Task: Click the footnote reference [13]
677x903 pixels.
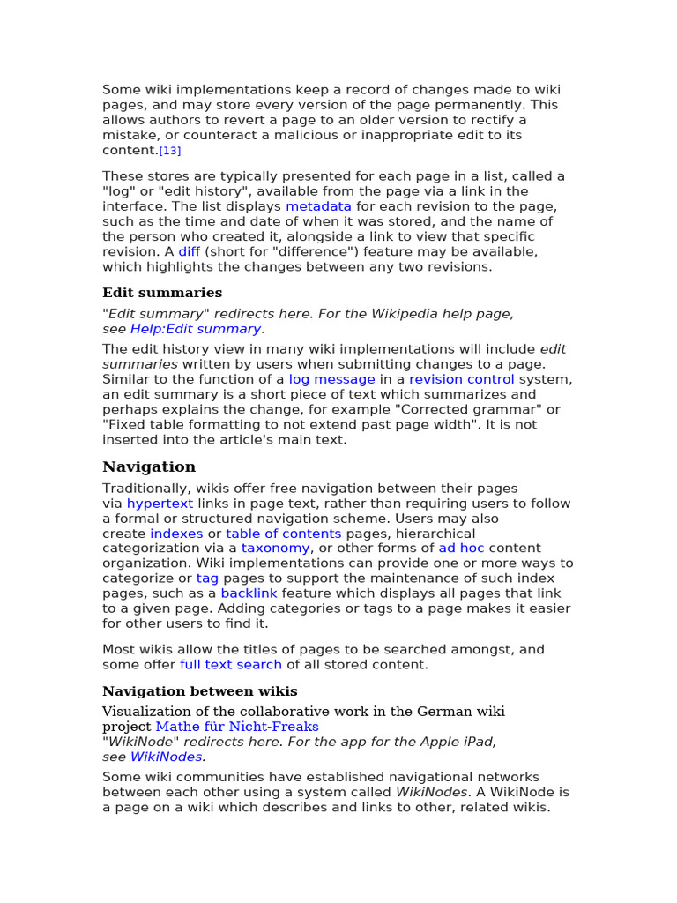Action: click(169, 151)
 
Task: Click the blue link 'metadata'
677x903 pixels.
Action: click(318, 206)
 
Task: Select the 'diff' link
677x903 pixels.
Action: click(190, 251)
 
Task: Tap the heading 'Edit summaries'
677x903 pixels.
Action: click(162, 293)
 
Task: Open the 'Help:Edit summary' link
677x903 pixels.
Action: click(196, 329)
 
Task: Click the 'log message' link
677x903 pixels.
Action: click(332, 379)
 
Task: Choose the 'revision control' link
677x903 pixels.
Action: click(462, 379)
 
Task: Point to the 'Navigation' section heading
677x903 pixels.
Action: click(149, 466)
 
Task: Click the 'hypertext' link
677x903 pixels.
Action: click(160, 504)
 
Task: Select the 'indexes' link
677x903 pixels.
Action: click(176, 534)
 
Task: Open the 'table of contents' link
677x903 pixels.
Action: click(283, 534)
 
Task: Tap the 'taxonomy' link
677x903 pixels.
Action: click(275, 548)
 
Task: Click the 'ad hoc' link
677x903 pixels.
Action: click(461, 548)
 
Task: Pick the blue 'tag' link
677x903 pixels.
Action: click(207, 578)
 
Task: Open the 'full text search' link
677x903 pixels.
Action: click(231, 665)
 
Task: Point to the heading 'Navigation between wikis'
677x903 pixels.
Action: click(200, 691)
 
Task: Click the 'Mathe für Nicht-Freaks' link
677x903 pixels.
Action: click(237, 727)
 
